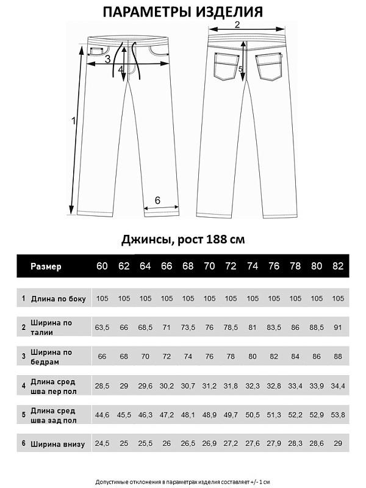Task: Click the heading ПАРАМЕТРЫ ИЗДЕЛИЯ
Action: (x=183, y=13)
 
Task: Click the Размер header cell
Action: (x=46, y=266)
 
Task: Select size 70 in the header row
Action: (x=209, y=266)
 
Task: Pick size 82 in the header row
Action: (x=338, y=266)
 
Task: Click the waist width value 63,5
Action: (x=102, y=328)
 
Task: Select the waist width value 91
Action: (x=338, y=328)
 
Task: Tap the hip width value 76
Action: (x=209, y=356)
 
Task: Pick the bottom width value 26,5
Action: (x=188, y=443)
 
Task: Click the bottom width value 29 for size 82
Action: (x=338, y=443)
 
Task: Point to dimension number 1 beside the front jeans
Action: (x=73, y=121)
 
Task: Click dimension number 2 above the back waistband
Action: (x=237, y=24)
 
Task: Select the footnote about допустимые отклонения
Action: (x=183, y=482)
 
